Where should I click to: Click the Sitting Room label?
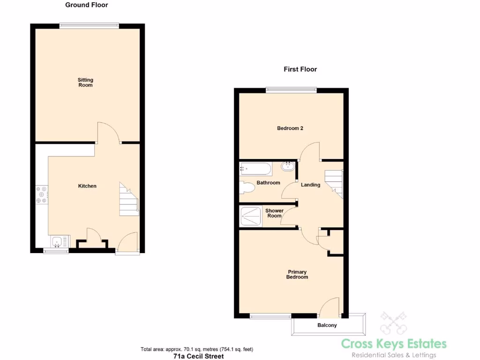[85, 82]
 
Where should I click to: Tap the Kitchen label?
[87, 186]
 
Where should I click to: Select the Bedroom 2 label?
[290, 128]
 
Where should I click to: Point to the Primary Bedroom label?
[297, 274]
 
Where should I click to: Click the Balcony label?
[327, 325]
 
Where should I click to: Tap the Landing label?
[310, 185]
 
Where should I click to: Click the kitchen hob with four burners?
[41, 195]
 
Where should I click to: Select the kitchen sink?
[57, 242]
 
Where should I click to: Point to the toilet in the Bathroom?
[247, 187]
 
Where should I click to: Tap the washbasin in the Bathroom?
[287, 166]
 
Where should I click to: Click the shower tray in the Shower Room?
[251, 216]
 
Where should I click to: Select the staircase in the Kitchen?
[129, 200]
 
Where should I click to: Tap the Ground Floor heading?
[86, 5]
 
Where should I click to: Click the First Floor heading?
[300, 69]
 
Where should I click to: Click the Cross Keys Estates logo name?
[394, 344]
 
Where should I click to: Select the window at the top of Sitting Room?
[89, 25]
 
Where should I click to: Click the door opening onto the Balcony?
[330, 307]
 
